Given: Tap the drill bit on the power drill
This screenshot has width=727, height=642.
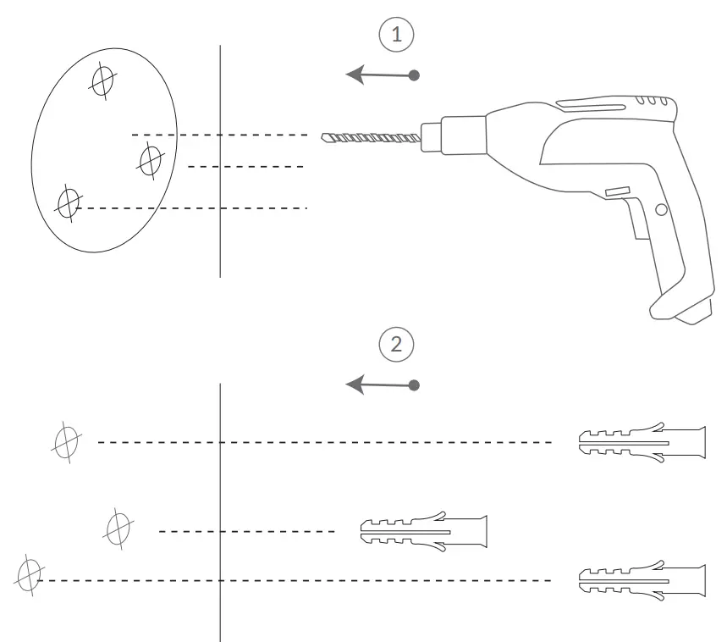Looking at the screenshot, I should (x=371, y=138).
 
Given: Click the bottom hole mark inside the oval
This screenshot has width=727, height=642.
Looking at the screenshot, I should (x=68, y=202).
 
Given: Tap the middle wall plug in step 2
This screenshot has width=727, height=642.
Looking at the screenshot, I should (x=424, y=531).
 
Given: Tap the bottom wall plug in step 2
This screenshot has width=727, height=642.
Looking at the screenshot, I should (x=641, y=580).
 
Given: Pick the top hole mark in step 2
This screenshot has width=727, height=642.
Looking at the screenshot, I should (x=66, y=442).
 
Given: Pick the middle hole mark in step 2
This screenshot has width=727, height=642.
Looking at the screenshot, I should (x=117, y=528).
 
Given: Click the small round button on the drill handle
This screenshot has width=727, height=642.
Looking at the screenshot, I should (x=660, y=208).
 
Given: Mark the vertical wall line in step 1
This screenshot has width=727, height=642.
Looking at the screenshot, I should (x=220, y=237).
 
